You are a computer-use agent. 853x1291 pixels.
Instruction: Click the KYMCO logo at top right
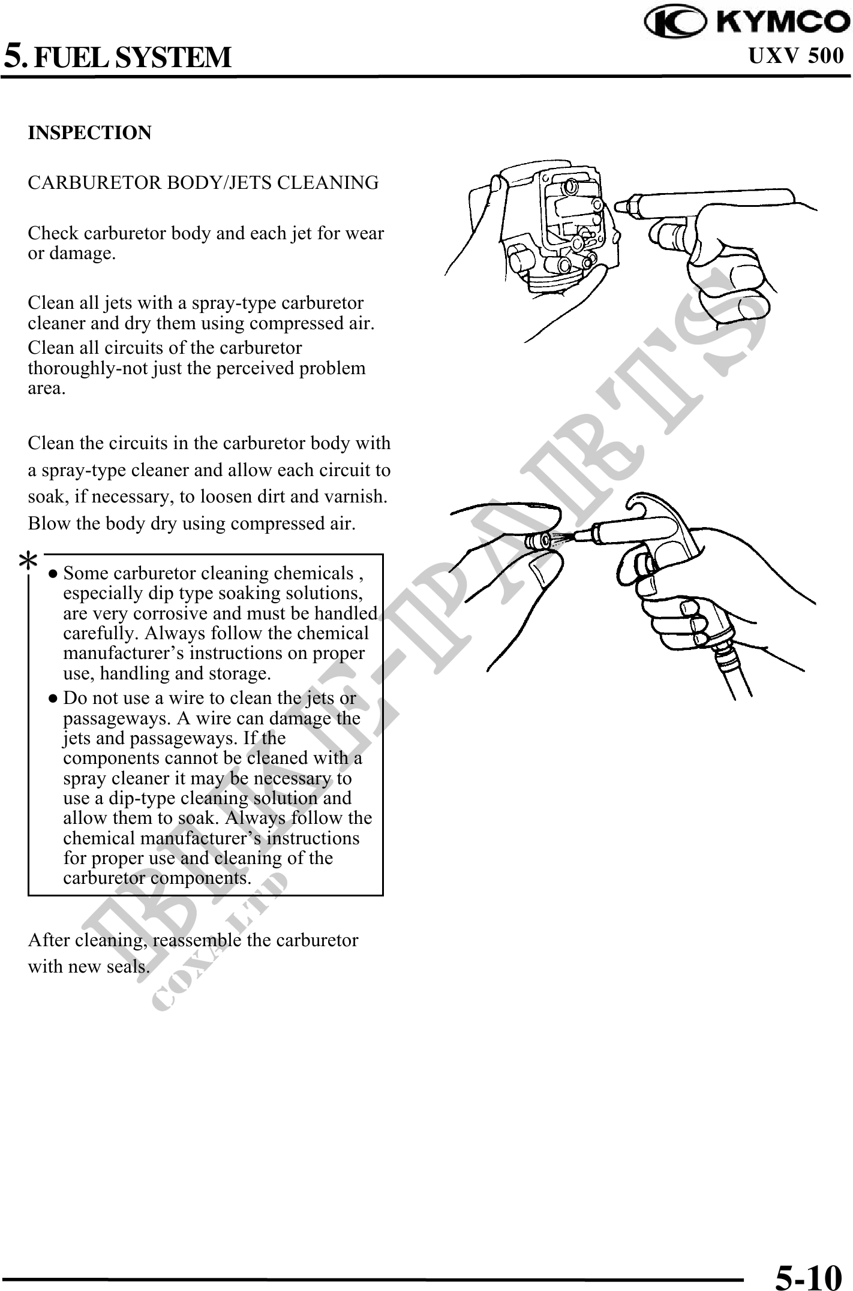746,22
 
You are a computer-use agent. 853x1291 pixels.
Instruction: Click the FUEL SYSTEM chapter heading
131,58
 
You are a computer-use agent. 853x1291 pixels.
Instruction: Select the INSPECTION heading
90,133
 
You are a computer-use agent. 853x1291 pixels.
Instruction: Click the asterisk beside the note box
28,562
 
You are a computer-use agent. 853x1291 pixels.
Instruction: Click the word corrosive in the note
188,613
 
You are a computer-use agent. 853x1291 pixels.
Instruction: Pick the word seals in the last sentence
127,967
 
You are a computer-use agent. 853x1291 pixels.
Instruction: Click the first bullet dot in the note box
53,574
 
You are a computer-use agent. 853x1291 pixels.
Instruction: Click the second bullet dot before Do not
53,699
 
